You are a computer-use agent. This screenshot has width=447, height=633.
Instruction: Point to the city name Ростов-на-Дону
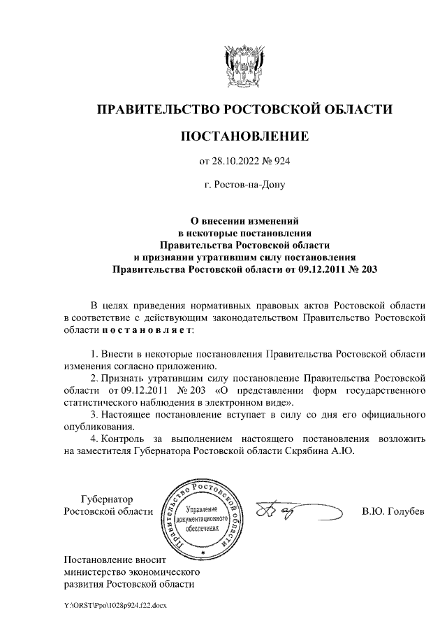click(x=244, y=186)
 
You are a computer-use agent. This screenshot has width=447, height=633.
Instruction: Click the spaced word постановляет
click(x=146, y=329)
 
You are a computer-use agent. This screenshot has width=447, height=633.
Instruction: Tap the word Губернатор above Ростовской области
click(x=106, y=499)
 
